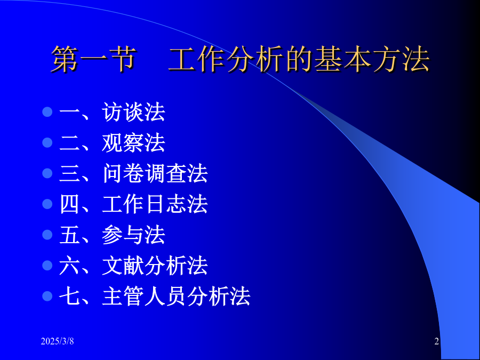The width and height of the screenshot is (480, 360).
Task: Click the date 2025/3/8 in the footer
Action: tap(57, 341)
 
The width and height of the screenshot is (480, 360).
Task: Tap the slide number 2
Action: tap(436, 341)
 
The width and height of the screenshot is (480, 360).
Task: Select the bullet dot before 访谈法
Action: tap(47, 112)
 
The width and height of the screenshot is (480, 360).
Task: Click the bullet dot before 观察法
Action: tap(47, 142)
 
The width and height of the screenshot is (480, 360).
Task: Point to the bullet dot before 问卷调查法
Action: tap(47, 173)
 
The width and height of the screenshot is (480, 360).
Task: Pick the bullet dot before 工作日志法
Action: tap(47, 204)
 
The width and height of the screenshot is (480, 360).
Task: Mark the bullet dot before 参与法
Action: tap(47, 235)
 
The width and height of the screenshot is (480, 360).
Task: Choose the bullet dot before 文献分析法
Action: tap(47, 266)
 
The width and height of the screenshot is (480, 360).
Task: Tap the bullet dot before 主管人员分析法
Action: tap(47, 296)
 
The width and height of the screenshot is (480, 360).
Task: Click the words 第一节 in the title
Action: tap(93, 59)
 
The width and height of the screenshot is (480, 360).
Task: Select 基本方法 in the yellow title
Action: tap(372, 59)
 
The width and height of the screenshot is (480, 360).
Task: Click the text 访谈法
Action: tap(134, 112)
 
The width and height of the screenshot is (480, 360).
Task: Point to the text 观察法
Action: tap(134, 142)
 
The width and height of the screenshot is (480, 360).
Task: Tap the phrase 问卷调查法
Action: tap(155, 173)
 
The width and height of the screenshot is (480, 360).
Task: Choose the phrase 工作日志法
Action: tap(155, 204)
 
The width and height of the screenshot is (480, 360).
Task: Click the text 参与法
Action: tap(134, 235)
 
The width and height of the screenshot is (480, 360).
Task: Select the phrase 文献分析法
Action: tap(155, 266)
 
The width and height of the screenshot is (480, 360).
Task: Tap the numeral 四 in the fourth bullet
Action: tap(69, 204)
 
